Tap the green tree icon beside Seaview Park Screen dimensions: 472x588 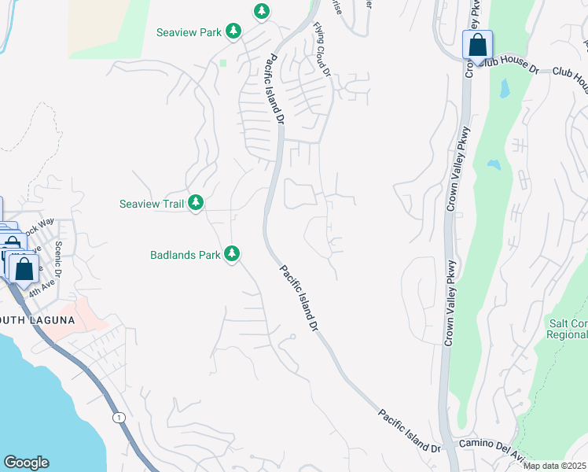(x=233, y=31)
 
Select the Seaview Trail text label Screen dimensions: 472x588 (x=152, y=204)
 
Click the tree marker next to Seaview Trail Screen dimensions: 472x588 (x=196, y=203)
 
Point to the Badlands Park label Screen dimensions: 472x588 (x=185, y=254)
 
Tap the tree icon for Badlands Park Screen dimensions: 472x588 (x=232, y=253)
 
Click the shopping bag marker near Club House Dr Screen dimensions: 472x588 (x=477, y=46)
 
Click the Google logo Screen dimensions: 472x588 (x=26, y=463)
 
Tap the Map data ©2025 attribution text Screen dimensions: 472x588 (x=554, y=466)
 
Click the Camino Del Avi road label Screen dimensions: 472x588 (x=491, y=446)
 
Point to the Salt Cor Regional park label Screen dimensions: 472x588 (x=567, y=329)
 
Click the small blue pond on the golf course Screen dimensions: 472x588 (x=494, y=165)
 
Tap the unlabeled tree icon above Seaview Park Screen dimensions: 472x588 (x=262, y=11)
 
